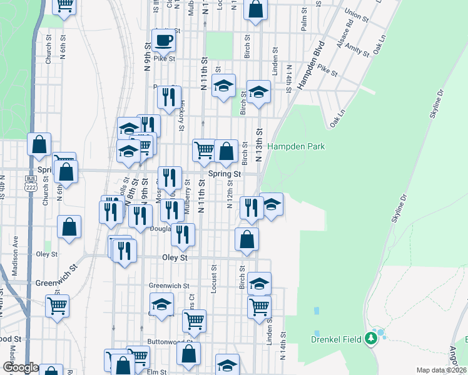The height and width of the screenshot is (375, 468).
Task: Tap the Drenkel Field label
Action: point(337,339)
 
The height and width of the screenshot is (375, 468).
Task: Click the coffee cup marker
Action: point(163,40)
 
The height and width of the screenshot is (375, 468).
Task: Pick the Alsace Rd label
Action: point(344,29)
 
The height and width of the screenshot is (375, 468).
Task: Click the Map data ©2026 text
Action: point(442,370)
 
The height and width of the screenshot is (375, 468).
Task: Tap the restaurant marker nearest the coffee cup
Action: point(168,96)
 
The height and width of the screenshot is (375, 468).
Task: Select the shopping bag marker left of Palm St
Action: point(255,9)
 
